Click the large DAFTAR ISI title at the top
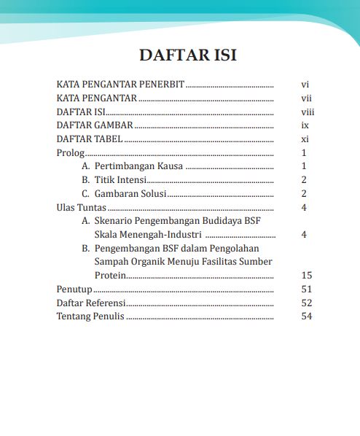click(x=188, y=55)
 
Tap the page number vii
click(x=306, y=98)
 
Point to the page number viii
click(x=307, y=112)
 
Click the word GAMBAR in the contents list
click(x=112, y=126)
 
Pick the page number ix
click(x=305, y=126)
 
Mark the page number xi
click(x=305, y=139)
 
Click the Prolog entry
click(x=70, y=153)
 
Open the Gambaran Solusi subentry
click(x=130, y=194)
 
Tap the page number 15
click(x=306, y=276)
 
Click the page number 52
click(x=306, y=303)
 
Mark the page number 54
click(x=306, y=316)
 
